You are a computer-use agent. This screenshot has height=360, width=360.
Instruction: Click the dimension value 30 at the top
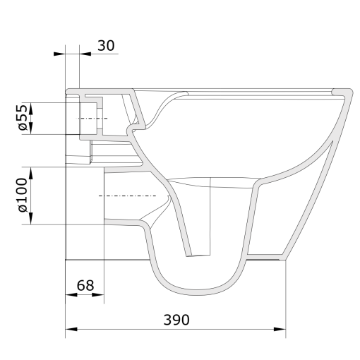pos(107,45)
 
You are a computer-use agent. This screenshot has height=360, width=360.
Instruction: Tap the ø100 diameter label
pos(21,196)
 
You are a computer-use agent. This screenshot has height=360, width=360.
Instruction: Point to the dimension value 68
pos(85,285)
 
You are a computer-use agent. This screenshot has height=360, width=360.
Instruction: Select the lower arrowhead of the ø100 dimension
pos(30,221)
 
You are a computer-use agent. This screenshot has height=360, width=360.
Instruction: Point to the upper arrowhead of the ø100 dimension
pos(30,170)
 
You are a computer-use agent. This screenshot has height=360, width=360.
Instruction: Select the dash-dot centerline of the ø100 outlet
pos(127,196)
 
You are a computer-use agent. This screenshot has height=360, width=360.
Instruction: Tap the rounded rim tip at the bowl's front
pos(346,91)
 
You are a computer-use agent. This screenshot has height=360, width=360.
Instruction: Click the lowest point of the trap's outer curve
pos(198,291)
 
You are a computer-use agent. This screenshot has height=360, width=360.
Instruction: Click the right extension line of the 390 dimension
pos(286,296)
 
